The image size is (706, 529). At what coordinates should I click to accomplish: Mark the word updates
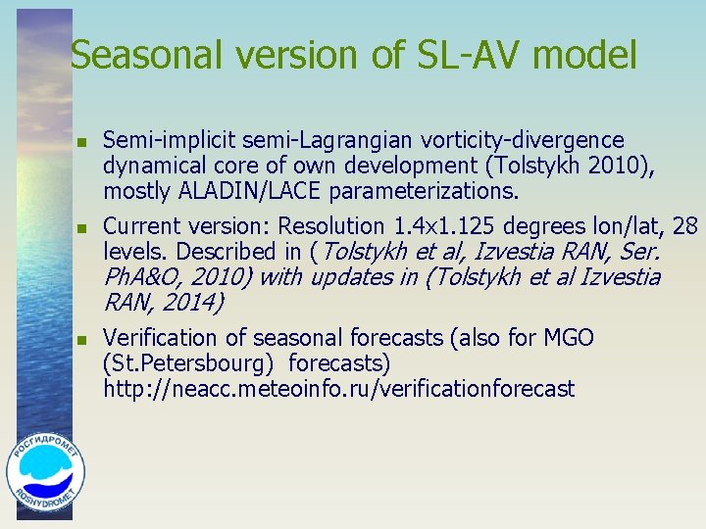pos(351,277)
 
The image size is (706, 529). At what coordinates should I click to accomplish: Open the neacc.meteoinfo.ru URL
pos(338,389)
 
